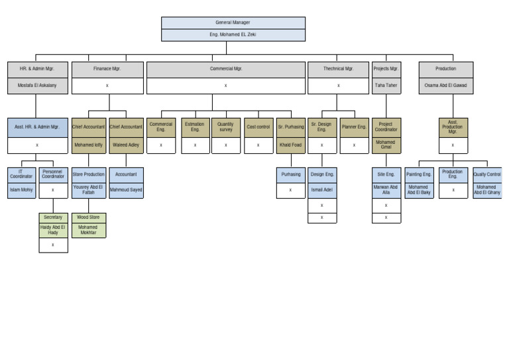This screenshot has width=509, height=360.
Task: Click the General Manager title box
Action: (233, 23)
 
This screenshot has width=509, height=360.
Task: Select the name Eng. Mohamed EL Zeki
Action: (233, 35)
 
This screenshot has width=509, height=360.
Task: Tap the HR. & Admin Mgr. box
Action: (37, 69)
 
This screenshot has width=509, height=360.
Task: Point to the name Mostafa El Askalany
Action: (37, 86)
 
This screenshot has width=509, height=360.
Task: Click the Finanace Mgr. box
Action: (107, 69)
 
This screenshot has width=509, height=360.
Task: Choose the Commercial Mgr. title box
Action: (225, 69)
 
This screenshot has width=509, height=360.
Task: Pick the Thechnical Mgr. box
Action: (338, 69)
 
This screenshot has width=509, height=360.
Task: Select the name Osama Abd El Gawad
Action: (446, 86)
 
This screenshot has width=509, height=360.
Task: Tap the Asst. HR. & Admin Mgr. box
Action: (37, 127)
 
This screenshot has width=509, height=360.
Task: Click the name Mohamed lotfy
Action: (89, 145)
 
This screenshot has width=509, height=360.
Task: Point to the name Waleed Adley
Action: (126, 145)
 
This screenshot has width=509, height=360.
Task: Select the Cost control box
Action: (258, 127)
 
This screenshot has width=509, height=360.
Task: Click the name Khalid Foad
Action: (290, 145)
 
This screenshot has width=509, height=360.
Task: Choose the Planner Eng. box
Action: (354, 127)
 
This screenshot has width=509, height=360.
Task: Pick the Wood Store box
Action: (89, 217)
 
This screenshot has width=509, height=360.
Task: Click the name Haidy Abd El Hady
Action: (53, 230)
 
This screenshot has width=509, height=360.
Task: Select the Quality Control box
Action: (487, 175)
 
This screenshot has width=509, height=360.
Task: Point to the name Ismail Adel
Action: (322, 190)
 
